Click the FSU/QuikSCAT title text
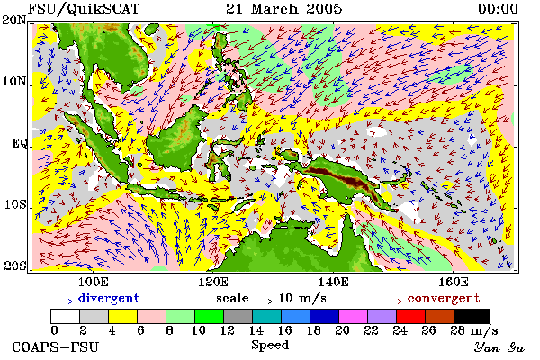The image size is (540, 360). [x=84, y=9]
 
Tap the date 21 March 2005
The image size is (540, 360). [x=284, y=9]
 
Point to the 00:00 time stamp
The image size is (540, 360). [x=498, y=9]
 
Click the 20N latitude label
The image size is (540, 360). [x=14, y=21]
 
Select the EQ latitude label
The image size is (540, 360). [x=20, y=143]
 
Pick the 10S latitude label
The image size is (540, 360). [x=15, y=204]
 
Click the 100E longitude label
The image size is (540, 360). [x=94, y=282]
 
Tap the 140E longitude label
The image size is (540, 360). [x=333, y=282]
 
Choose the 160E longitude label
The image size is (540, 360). [x=454, y=282]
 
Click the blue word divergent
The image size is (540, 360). [x=109, y=298]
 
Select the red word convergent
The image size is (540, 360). [x=444, y=298]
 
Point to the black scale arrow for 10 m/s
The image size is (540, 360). [x=264, y=301]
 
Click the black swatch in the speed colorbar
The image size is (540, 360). [x=472, y=316]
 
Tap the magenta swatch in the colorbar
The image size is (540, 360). [x=354, y=316]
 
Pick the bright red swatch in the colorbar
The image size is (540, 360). [x=411, y=316]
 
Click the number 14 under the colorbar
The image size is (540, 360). [x=256, y=330]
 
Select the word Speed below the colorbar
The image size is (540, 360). [x=270, y=346]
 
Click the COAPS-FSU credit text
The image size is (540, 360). [x=56, y=347]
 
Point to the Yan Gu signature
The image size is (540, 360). [x=499, y=347]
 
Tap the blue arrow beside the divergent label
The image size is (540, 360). [x=63, y=301]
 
